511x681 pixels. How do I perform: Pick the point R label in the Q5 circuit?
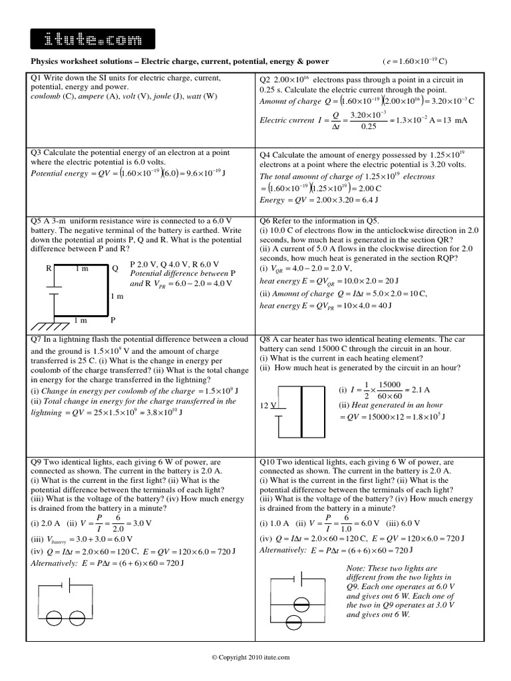[49, 269]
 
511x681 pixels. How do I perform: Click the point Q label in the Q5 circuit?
[114, 269]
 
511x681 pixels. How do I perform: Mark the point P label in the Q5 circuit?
[113, 320]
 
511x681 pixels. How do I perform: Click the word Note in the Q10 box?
[359, 569]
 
